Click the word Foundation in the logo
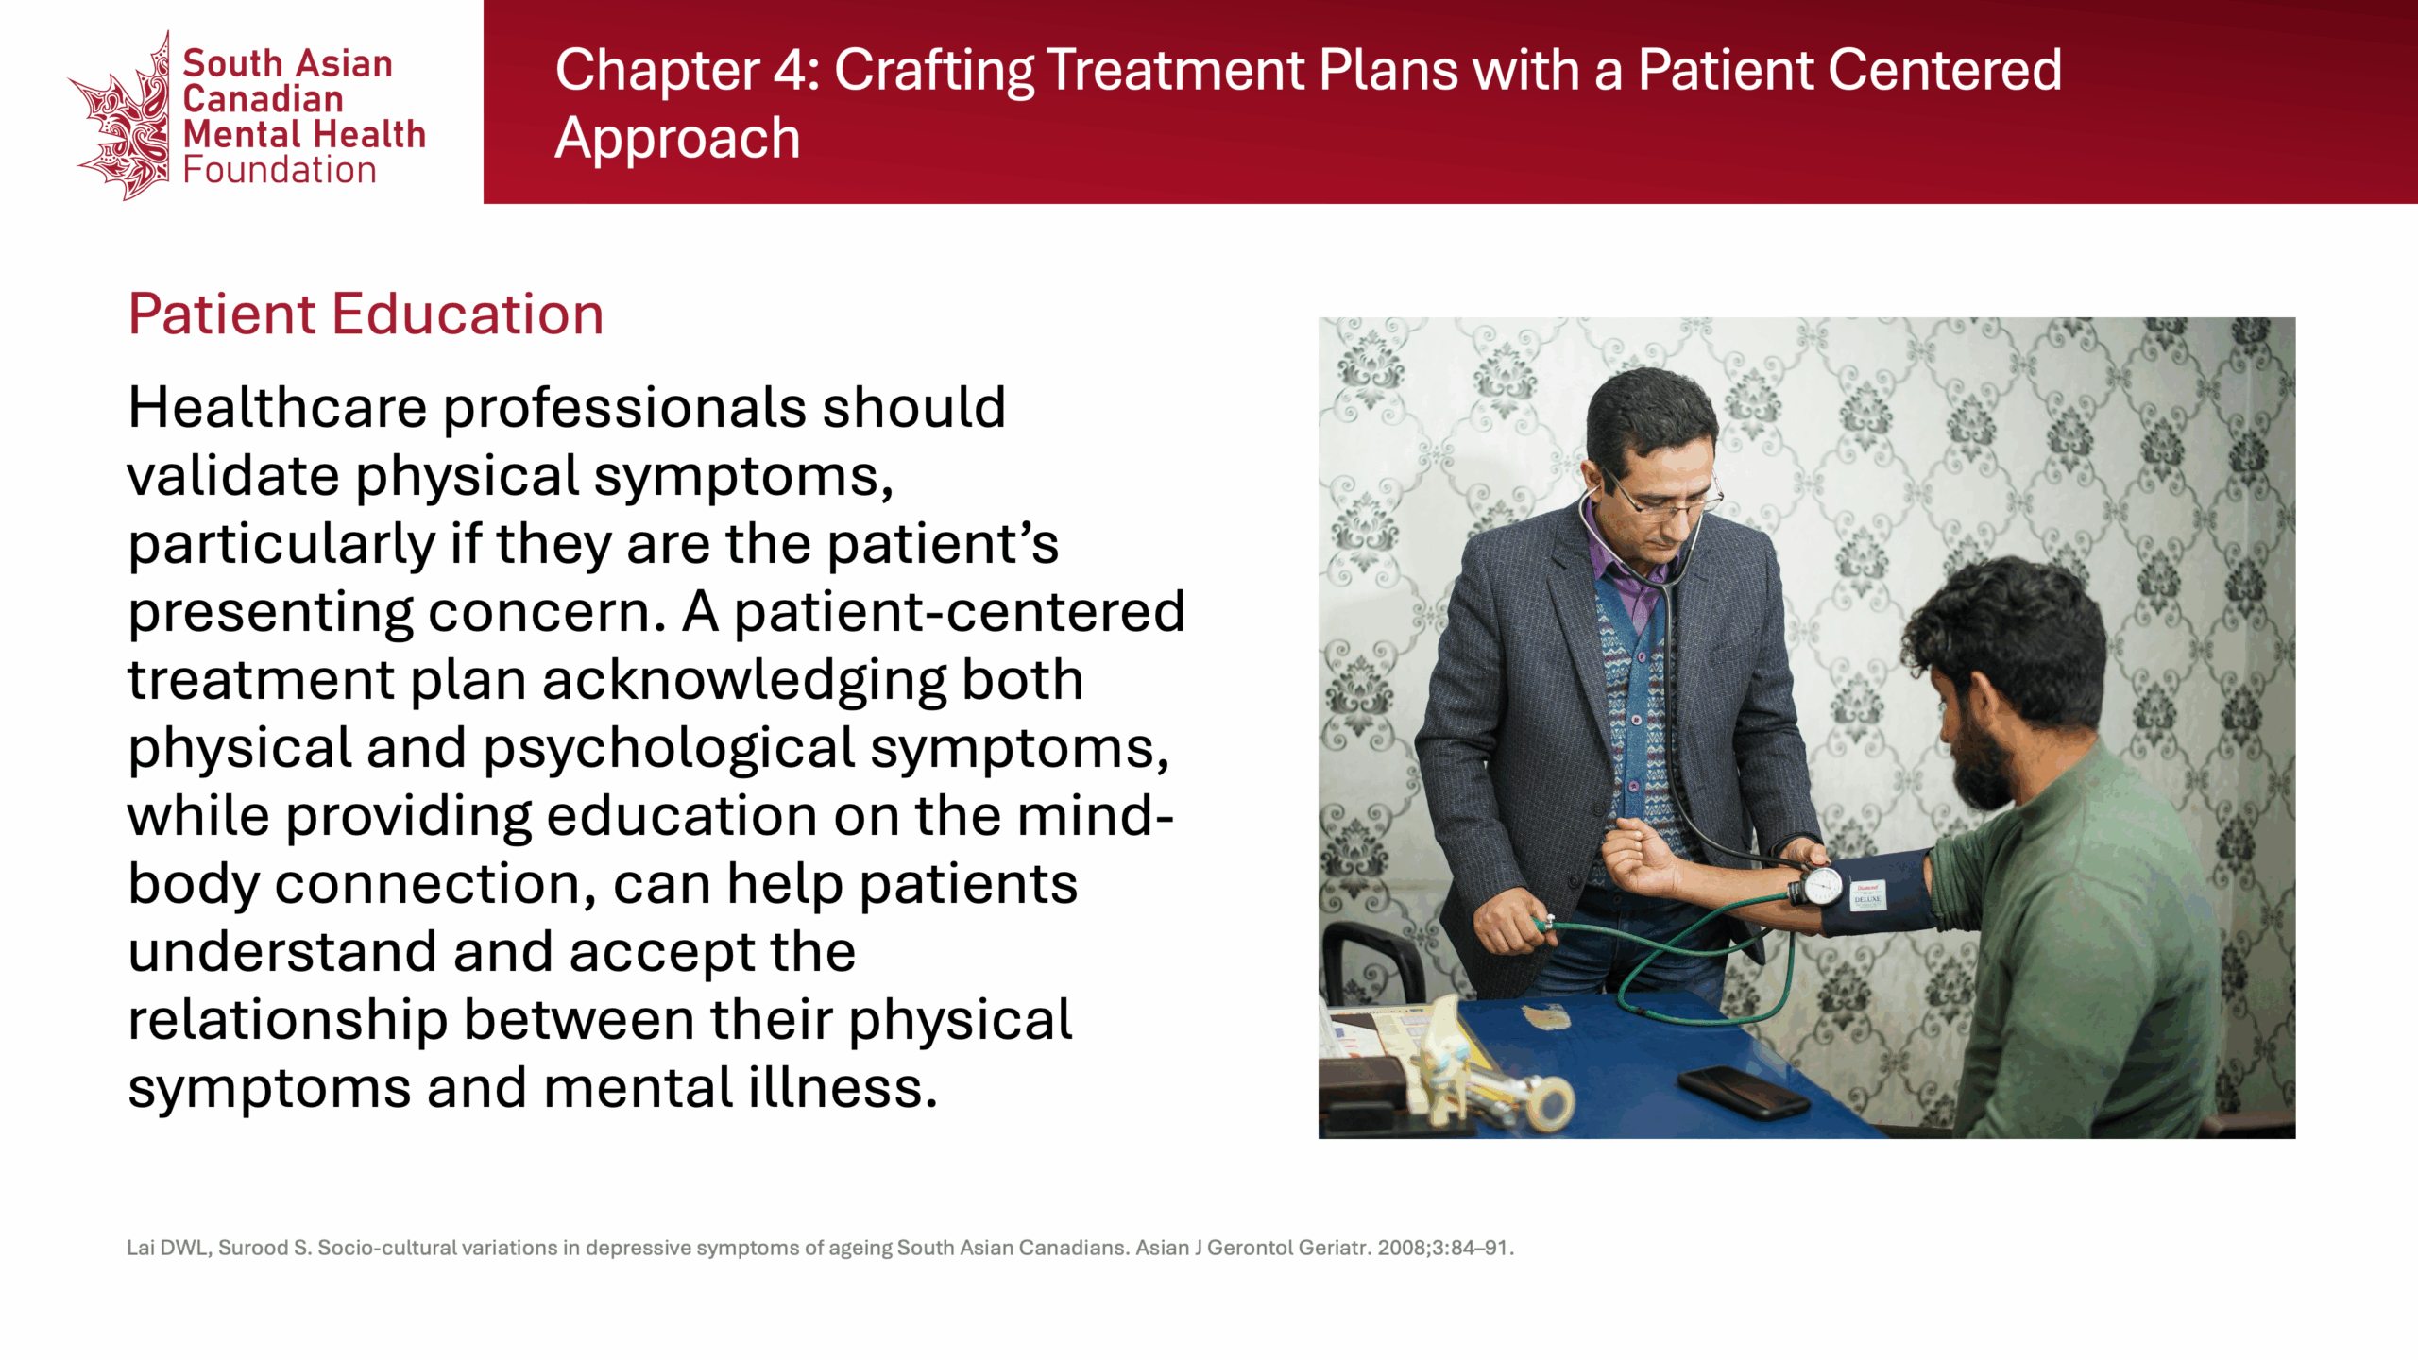(280, 170)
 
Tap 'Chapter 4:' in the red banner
(688, 70)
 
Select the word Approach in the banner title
(677, 138)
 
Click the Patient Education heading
(366, 314)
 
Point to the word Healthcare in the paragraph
(278, 408)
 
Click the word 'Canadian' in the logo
(263, 99)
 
